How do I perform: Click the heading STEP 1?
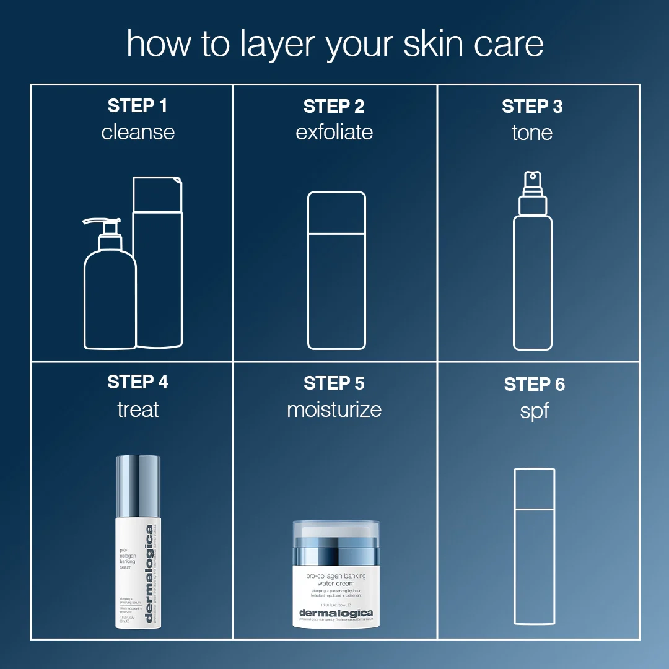tap(138, 106)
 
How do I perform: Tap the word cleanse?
tap(138, 132)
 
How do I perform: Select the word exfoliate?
tap(334, 132)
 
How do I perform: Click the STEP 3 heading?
tap(532, 106)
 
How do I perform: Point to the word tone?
tap(532, 132)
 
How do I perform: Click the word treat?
tap(138, 409)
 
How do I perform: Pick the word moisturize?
tap(334, 409)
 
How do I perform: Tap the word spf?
tap(534, 411)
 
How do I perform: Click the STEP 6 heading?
tap(534, 385)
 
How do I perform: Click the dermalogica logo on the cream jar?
tap(336, 613)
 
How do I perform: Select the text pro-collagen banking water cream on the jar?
tap(336, 580)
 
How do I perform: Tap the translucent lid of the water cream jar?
tap(336, 530)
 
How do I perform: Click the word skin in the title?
tap(434, 45)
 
